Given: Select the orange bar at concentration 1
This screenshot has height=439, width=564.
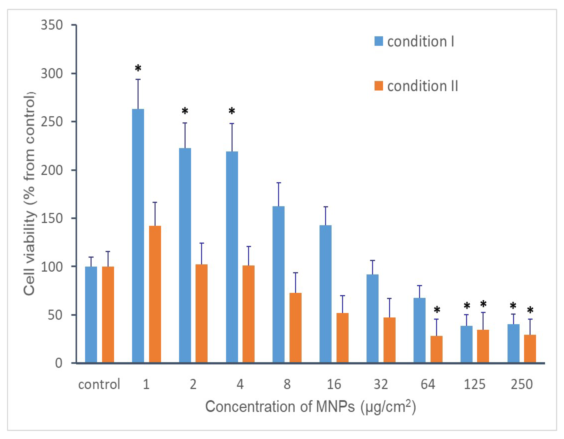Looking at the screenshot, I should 155,294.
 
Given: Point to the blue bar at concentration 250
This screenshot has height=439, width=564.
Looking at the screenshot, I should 513,343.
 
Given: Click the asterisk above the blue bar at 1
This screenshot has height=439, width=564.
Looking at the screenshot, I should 138,69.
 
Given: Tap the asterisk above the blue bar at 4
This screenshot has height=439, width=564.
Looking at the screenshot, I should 232,111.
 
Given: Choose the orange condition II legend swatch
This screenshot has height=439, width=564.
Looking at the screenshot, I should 379,86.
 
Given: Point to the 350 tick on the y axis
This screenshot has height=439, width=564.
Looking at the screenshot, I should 52,25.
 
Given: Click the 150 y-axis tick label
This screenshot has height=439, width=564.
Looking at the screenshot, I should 52,218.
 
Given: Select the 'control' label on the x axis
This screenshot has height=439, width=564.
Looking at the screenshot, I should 99,384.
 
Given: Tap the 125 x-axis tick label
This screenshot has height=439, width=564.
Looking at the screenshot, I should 474,384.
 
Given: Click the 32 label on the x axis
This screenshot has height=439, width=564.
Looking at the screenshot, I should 381,384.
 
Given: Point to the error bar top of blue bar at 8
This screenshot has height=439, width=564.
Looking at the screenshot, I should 279,183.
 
